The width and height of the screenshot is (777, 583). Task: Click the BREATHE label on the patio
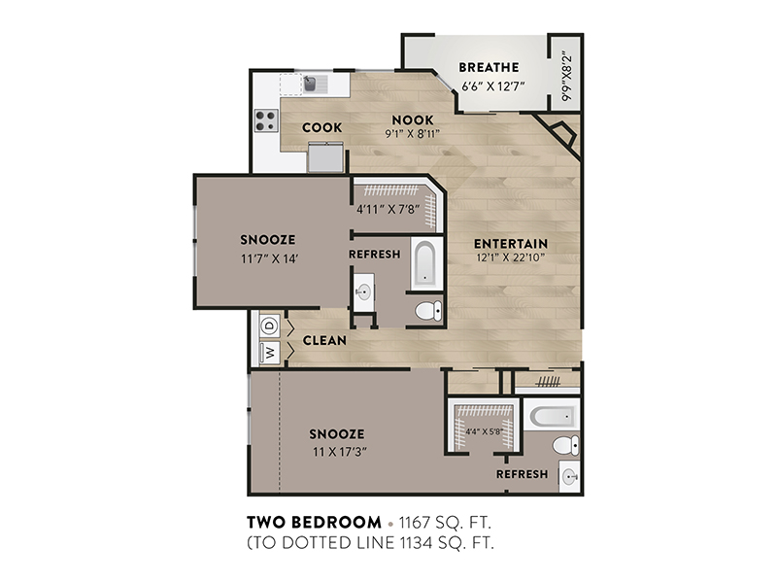[489, 67]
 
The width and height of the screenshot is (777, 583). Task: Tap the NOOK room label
[412, 120]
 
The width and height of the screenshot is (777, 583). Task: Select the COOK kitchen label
[322, 127]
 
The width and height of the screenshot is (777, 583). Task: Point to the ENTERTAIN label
[511, 244]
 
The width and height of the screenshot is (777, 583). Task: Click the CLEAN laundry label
[324, 341]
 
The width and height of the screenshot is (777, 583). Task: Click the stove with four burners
[266, 120]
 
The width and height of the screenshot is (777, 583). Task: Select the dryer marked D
[270, 326]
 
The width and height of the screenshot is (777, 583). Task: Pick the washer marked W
[270, 353]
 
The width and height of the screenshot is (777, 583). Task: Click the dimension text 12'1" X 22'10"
[511, 257]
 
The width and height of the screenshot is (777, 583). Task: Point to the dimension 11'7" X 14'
[269, 258]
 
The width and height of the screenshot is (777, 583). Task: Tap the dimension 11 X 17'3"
[340, 452]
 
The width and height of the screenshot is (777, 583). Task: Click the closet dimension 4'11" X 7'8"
[388, 210]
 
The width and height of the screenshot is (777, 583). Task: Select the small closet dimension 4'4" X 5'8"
[485, 431]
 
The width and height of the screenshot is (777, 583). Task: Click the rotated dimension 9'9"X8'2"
[566, 77]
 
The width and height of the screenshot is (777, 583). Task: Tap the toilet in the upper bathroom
[428, 311]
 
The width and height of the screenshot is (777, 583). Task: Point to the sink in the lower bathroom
[569, 477]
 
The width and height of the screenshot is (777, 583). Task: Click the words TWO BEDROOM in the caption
[314, 522]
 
